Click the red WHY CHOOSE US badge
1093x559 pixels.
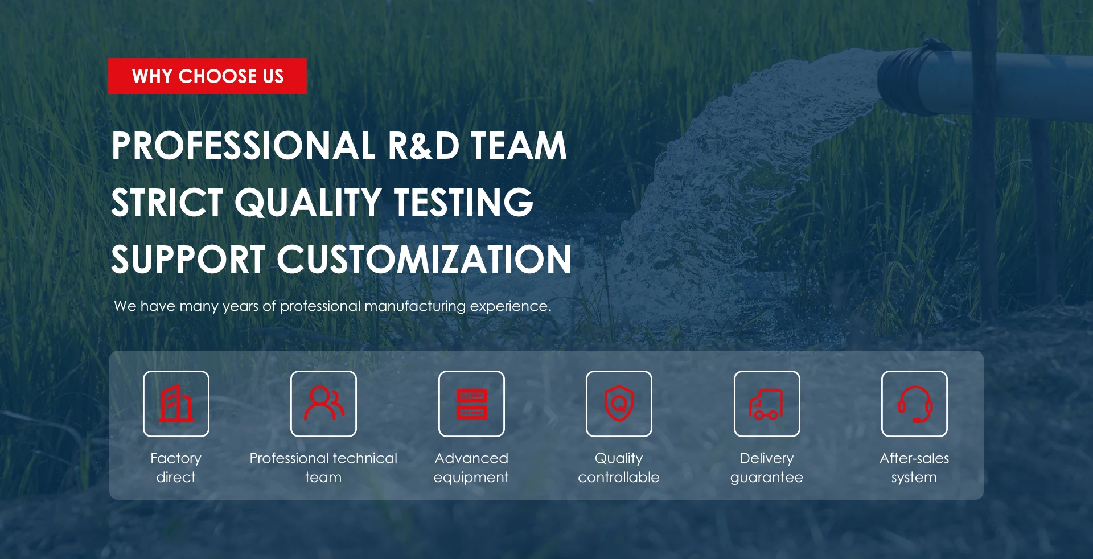point(207,76)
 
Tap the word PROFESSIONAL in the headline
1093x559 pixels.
point(244,145)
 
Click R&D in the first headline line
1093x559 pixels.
point(424,145)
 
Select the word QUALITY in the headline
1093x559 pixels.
point(308,202)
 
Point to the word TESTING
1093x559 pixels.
point(464,202)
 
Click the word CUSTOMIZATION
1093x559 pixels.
point(425,259)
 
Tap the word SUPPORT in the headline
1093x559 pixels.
point(188,259)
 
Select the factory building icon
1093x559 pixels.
point(176,404)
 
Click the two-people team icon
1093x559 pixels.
point(323,404)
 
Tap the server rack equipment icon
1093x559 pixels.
point(472,404)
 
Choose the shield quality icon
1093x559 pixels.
point(619,403)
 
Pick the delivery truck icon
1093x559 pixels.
point(766,404)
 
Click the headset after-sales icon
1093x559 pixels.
point(915,404)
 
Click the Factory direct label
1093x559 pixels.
point(176,467)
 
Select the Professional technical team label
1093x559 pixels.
point(323,467)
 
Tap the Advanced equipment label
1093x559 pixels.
point(471,467)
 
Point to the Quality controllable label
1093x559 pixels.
point(619,467)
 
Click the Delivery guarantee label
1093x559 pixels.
point(767,467)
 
